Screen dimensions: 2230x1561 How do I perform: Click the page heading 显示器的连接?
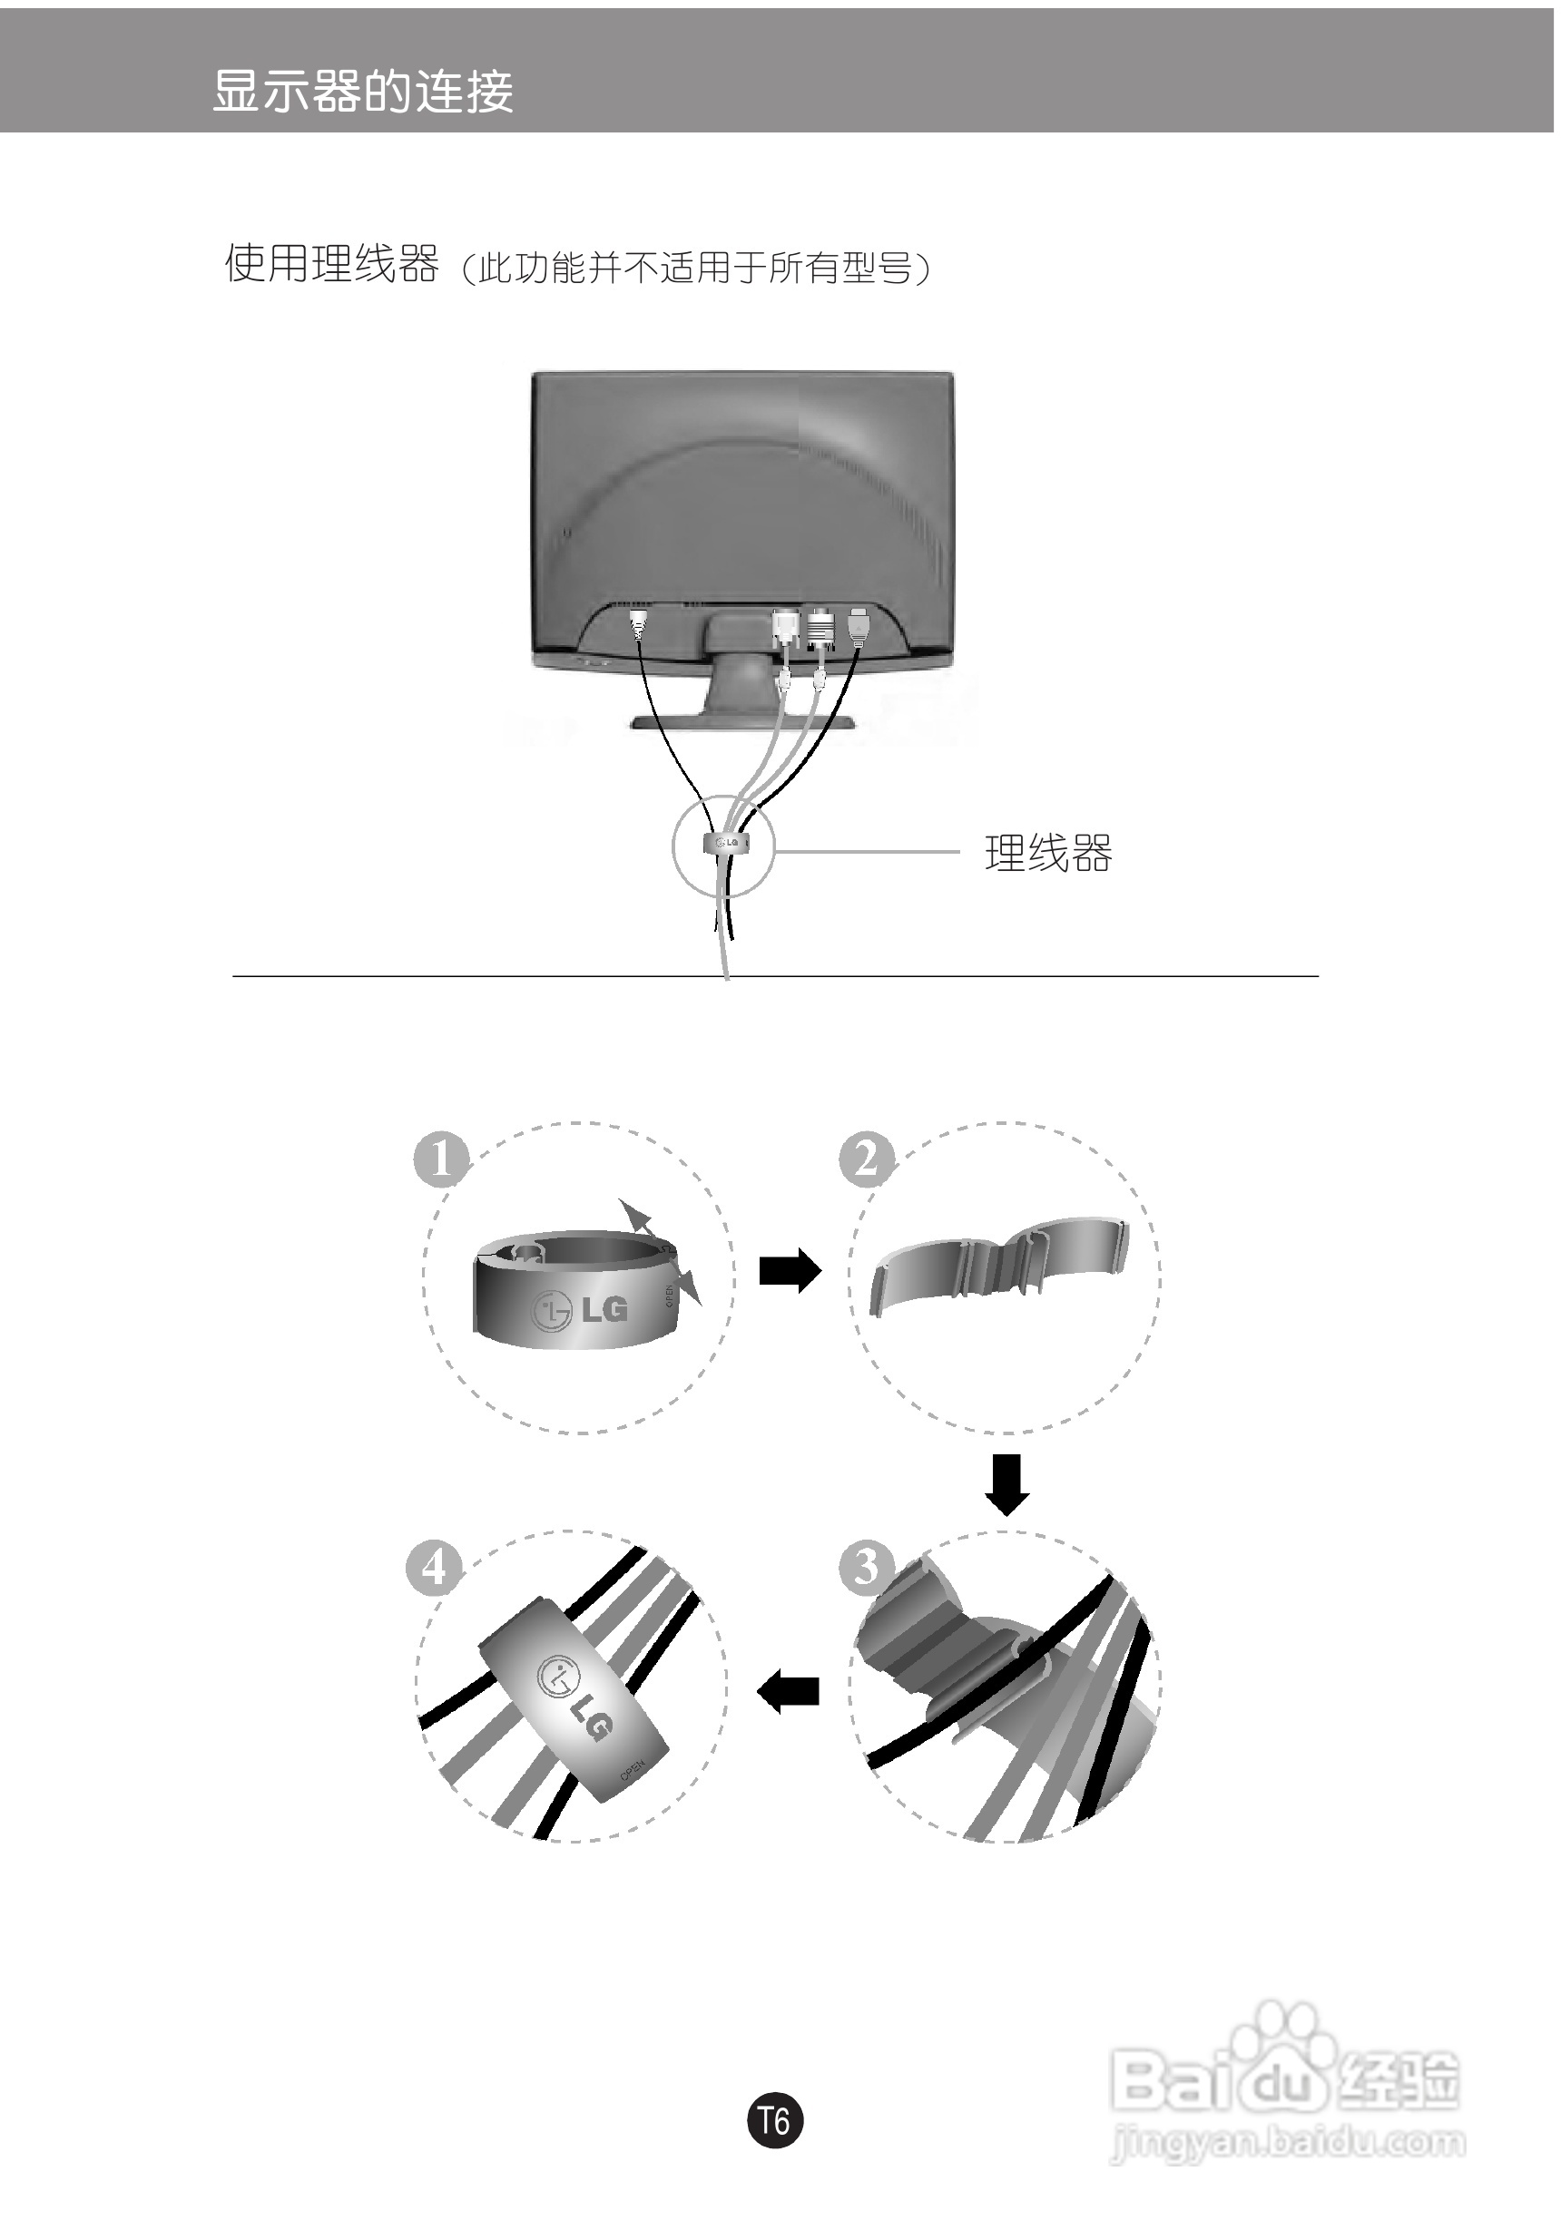click(362, 93)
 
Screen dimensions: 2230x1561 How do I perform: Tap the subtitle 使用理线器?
click(331, 263)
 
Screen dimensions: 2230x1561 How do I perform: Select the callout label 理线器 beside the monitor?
click(1048, 854)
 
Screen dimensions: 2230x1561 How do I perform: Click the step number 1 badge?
click(441, 1159)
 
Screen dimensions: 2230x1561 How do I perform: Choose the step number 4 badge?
click(433, 1568)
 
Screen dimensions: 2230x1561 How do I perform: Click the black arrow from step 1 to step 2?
click(790, 1271)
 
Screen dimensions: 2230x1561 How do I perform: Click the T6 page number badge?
click(775, 2119)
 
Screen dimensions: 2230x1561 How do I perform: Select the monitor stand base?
click(743, 720)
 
